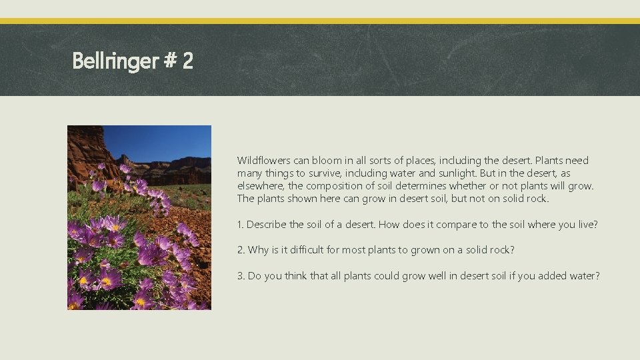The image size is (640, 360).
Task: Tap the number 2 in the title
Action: pyautogui.click(x=187, y=62)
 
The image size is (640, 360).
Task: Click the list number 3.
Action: pyautogui.click(x=241, y=275)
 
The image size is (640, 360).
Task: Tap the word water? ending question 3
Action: pyautogui.click(x=585, y=275)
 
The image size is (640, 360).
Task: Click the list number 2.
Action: pyautogui.click(x=241, y=250)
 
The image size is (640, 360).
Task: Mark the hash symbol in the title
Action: pyautogui.click(x=169, y=62)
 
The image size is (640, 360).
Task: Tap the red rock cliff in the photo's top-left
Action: pyautogui.click(x=83, y=147)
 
